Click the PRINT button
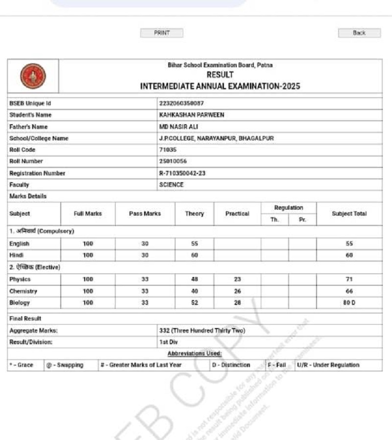point(162,33)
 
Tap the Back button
point(359,33)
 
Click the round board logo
point(33,77)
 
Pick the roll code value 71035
point(168,150)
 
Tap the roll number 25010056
point(173,161)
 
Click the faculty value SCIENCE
point(171,185)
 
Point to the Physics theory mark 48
point(195,279)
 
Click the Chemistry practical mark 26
point(237,291)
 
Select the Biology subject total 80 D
point(349,303)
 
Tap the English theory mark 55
point(195,244)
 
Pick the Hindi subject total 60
point(349,255)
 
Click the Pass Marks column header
point(145,214)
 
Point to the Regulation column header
point(289,208)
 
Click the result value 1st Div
point(169,342)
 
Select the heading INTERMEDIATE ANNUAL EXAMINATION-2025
point(220,86)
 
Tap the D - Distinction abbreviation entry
point(231,365)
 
